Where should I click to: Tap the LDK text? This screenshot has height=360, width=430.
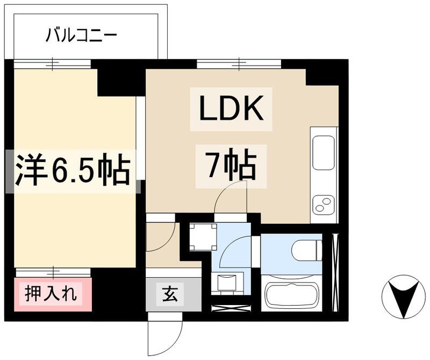pyautogui.click(x=231, y=110)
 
